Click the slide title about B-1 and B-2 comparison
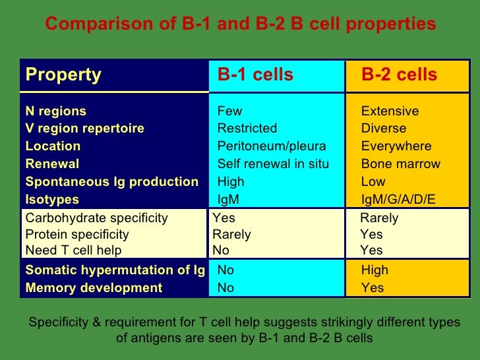point(240,24)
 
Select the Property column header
point(63,75)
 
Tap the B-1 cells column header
point(255,75)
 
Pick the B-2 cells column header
point(399,75)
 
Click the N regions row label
point(55,111)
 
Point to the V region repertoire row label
point(84,129)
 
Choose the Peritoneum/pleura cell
point(272,146)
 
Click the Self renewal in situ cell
point(273,164)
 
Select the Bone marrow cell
point(400,164)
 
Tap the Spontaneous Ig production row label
point(111,182)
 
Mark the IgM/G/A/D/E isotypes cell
point(398,200)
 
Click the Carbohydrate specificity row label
point(96,218)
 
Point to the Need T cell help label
point(73,251)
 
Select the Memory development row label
point(94,288)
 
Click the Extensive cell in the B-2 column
point(390,111)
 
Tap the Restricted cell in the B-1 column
point(247,129)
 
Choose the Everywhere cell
point(396,146)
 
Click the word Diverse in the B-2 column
point(384,129)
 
